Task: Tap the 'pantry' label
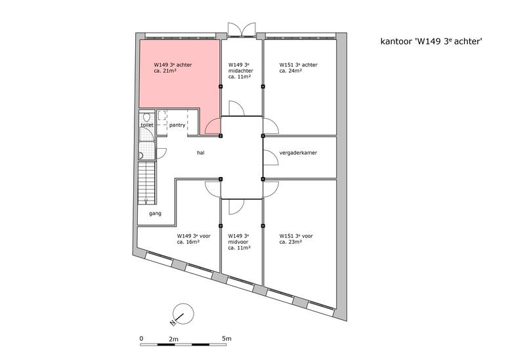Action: (x=177, y=125)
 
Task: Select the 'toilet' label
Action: (x=146, y=125)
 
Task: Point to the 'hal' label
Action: (x=201, y=152)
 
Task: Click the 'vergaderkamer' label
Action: (x=298, y=152)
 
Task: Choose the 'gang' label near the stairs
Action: (x=155, y=214)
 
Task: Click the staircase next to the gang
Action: (x=146, y=183)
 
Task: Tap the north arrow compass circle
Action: (x=183, y=314)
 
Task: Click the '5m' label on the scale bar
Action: (x=226, y=338)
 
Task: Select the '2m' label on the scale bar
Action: (x=174, y=338)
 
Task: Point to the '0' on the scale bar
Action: (x=141, y=338)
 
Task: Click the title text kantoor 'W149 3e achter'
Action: (x=431, y=41)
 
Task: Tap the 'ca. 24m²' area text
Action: (x=291, y=71)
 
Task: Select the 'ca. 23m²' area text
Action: (x=291, y=242)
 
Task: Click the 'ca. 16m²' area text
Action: (x=188, y=242)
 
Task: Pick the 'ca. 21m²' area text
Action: (x=165, y=71)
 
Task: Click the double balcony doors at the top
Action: (x=242, y=30)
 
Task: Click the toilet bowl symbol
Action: (x=146, y=117)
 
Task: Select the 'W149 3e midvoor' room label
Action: (x=239, y=242)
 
